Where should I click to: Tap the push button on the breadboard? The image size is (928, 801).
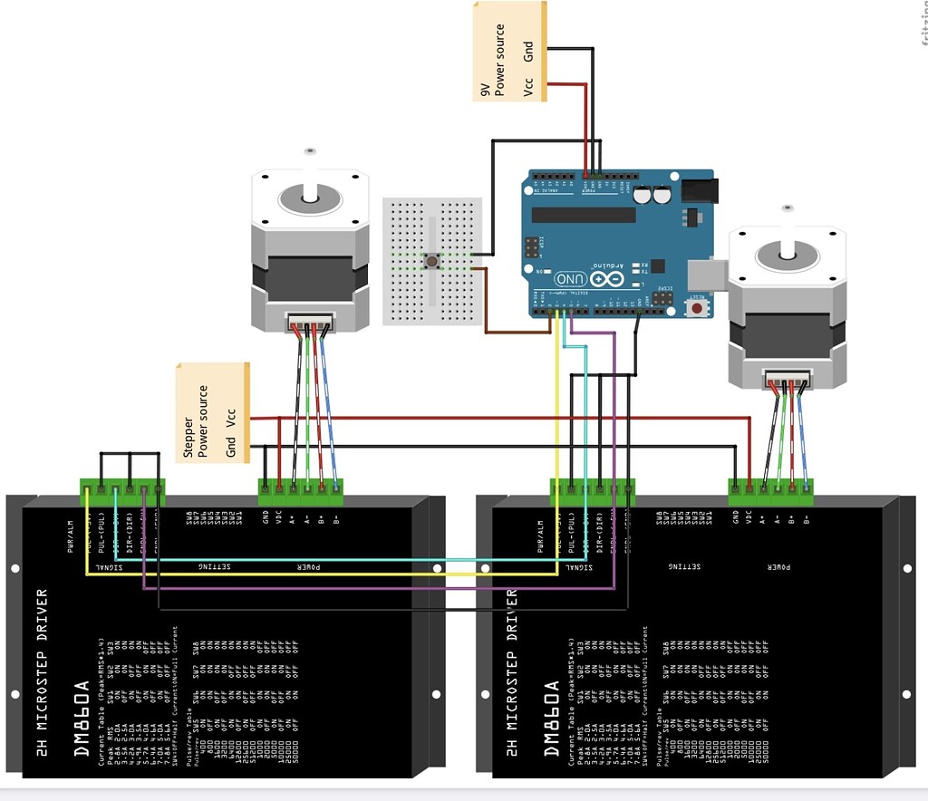tap(433, 262)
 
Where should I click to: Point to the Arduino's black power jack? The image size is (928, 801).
tap(699, 190)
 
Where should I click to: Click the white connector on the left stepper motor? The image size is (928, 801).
tap(310, 322)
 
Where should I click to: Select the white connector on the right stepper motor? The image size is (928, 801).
tap(787, 379)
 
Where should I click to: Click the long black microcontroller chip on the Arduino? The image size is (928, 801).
tap(584, 214)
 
